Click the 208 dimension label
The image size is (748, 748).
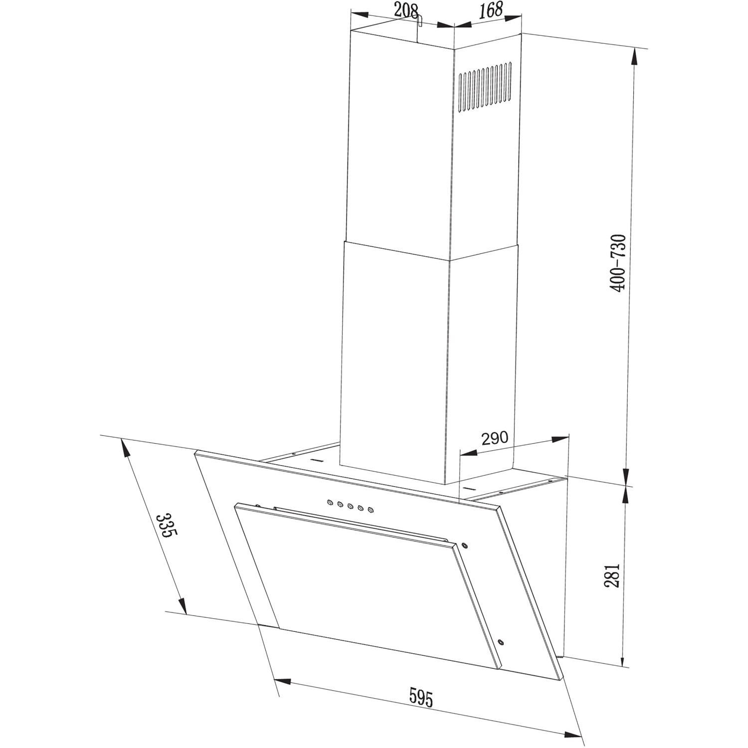[x=405, y=10]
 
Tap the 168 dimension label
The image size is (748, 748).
[x=491, y=10]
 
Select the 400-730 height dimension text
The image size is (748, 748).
[x=618, y=263]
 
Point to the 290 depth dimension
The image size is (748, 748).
[x=494, y=438]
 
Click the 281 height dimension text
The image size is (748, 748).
[x=612, y=575]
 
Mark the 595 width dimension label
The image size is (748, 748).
[x=421, y=697]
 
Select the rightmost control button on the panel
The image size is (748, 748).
[x=371, y=509]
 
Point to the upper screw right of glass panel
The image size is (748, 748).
[x=465, y=545]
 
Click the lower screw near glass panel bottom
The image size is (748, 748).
[x=500, y=642]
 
